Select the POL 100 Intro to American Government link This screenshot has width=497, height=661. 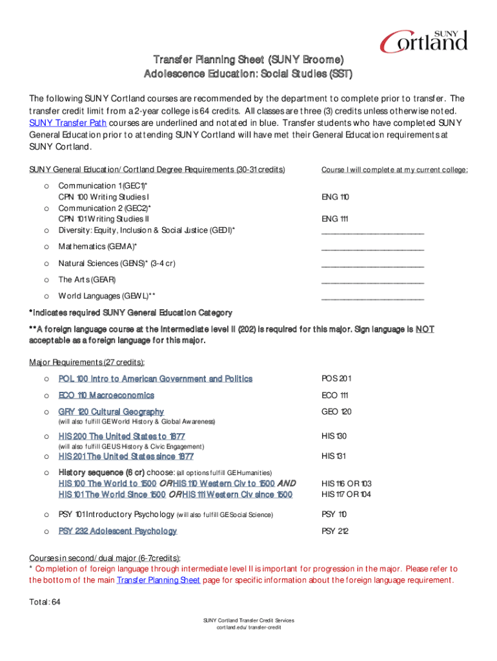(x=156, y=379)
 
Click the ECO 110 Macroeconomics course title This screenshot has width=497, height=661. (x=107, y=395)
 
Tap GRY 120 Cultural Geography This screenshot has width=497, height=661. (x=111, y=412)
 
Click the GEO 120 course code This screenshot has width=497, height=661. (x=336, y=412)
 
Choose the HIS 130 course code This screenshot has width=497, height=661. (x=334, y=436)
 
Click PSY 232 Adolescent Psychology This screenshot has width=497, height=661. (x=117, y=531)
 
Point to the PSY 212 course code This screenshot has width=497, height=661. (x=334, y=531)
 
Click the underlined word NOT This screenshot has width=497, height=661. (x=425, y=329)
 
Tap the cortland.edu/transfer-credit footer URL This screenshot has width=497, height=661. (x=249, y=627)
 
